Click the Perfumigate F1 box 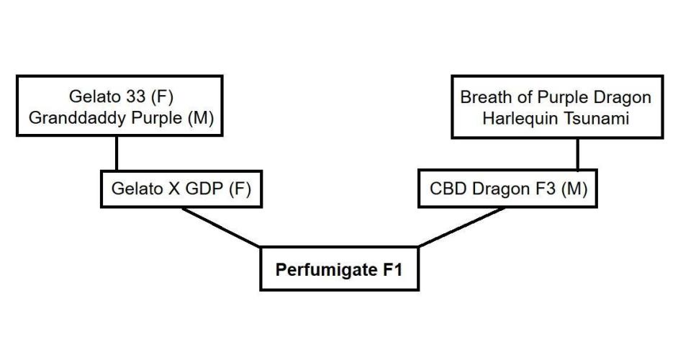[339, 269]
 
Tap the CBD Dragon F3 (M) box [508, 189]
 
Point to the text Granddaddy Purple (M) [122, 118]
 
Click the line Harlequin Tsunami [556, 118]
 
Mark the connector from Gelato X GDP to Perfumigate [221, 228]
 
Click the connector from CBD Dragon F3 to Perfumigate [461, 228]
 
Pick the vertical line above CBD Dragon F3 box [577, 156]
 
